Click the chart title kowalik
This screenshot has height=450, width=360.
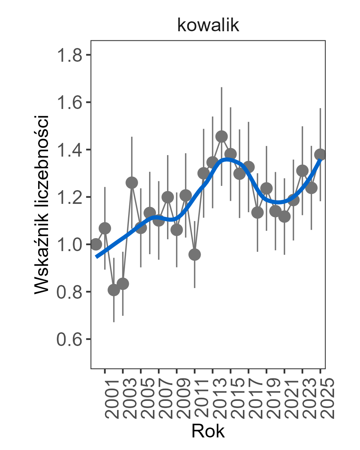click(208, 26)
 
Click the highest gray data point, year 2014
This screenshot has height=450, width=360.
click(222, 136)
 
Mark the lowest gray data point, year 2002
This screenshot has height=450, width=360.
click(114, 290)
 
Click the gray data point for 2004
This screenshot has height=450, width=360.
click(132, 183)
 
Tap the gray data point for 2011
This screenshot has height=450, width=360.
click(194, 255)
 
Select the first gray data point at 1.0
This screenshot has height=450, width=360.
click(96, 244)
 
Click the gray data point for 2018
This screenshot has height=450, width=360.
click(257, 212)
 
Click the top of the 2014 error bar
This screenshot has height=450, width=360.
click(222, 88)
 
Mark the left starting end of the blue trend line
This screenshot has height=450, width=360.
click(96, 257)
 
